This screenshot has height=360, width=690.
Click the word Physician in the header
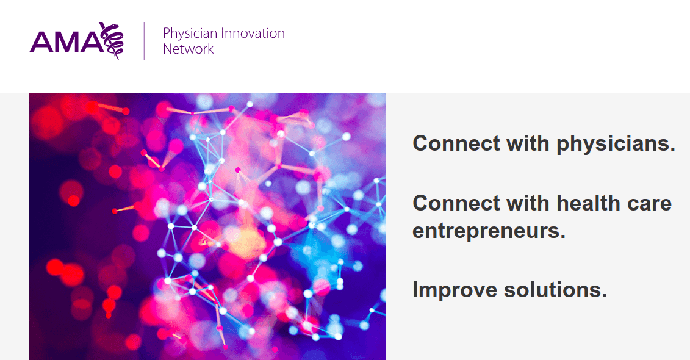[190, 34]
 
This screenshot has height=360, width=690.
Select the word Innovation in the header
[253, 33]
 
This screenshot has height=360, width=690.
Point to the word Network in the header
[189, 49]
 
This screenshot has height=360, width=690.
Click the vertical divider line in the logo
[145, 41]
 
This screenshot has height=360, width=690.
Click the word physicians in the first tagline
[616, 145]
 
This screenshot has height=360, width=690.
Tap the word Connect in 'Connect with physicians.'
[456, 143]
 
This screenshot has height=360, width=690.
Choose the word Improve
[454, 290]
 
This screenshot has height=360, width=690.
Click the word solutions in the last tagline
[555, 290]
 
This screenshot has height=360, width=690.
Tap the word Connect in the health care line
[456, 203]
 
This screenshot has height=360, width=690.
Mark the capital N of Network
[168, 49]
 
